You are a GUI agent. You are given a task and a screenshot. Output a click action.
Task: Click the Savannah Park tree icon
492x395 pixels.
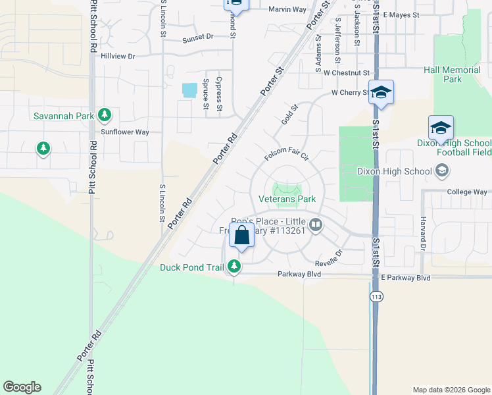(104, 116)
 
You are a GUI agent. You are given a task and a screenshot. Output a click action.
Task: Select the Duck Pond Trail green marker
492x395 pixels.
(234, 267)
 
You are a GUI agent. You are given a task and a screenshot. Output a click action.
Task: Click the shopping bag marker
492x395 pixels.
(242, 235)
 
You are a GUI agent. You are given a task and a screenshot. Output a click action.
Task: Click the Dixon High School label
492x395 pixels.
(393, 172)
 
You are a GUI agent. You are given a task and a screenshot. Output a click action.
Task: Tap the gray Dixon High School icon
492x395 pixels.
(442, 172)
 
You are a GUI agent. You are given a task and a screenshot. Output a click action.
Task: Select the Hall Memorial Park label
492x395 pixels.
(452, 74)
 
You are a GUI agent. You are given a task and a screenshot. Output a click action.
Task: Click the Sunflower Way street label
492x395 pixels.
(125, 132)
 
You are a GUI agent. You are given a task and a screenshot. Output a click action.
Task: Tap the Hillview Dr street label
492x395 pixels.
(118, 57)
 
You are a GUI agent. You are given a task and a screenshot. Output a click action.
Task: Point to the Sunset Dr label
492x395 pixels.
(197, 38)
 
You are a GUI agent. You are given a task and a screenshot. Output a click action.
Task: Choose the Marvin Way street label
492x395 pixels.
(287, 9)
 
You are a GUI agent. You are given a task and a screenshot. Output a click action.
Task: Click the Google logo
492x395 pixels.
(22, 387)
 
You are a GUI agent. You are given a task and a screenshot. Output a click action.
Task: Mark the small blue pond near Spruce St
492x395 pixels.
(189, 90)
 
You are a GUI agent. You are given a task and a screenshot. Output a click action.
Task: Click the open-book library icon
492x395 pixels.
(316, 226)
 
